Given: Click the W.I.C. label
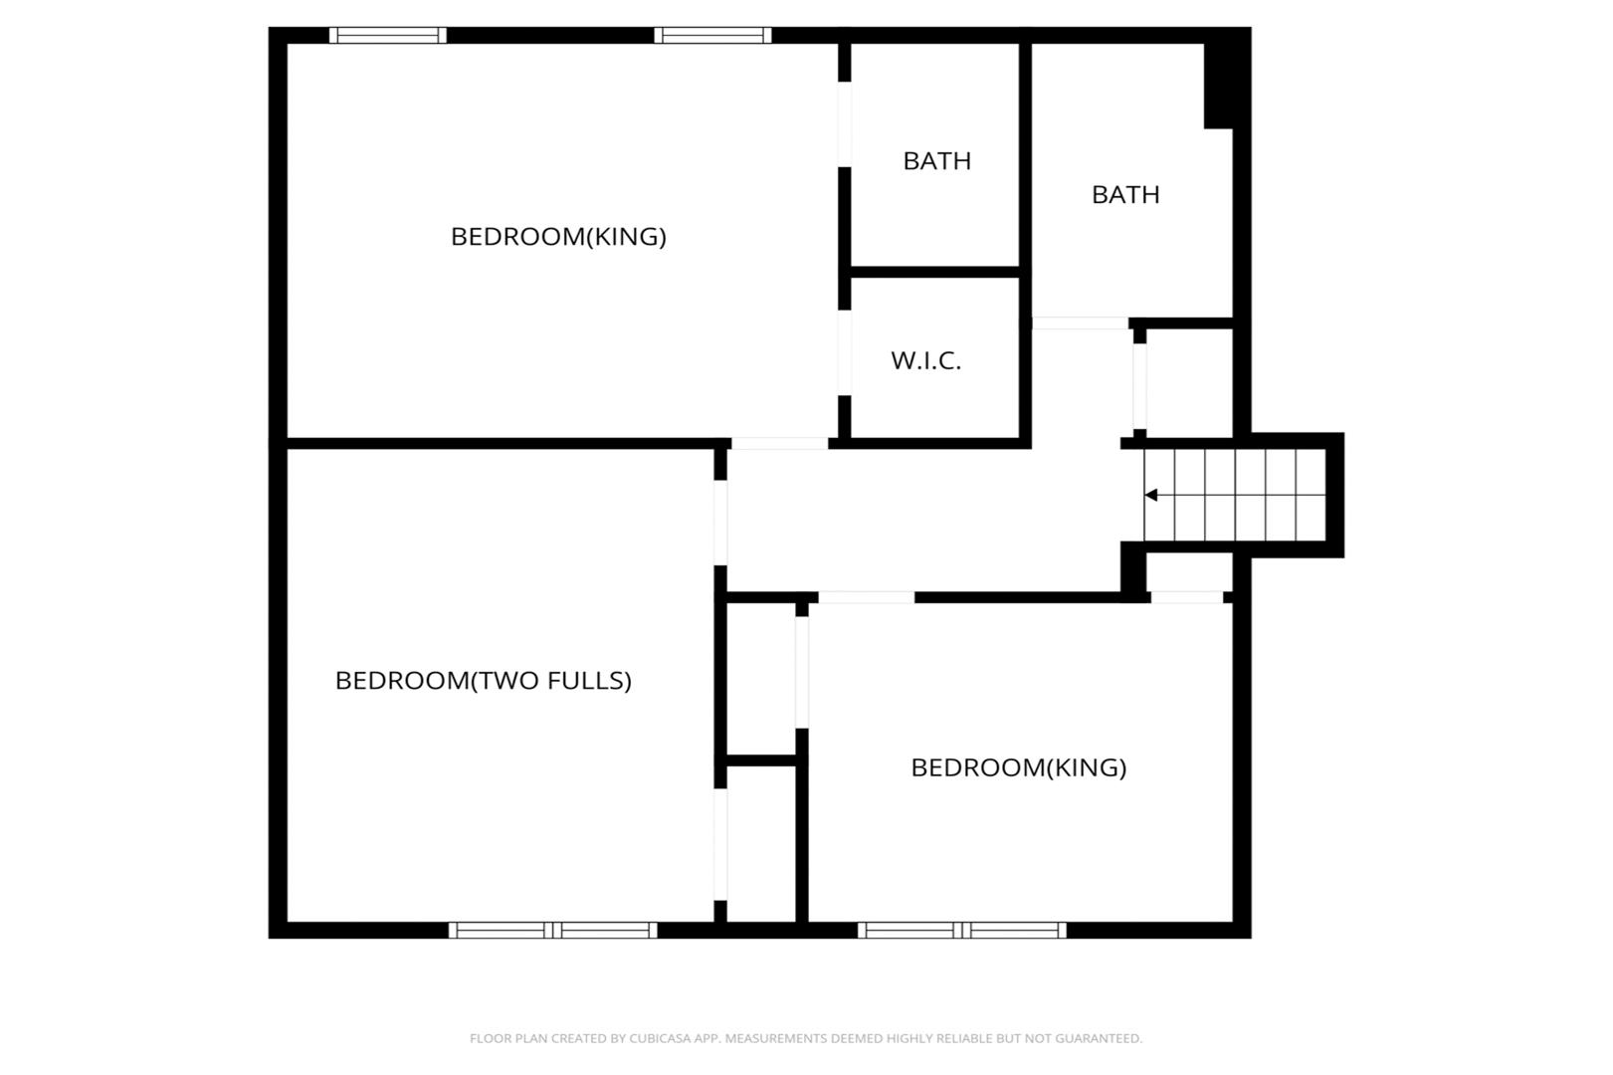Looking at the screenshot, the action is click(925, 360).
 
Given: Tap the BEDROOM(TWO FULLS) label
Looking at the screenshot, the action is click(484, 680).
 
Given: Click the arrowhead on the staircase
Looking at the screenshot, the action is click(1150, 495).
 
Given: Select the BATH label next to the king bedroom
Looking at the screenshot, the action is click(936, 160).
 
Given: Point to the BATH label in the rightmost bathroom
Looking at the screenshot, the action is click(1125, 194).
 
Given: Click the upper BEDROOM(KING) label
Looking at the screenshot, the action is click(559, 236).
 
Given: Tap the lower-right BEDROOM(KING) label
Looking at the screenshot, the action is click(1019, 767).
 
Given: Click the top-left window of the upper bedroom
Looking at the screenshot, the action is click(388, 35).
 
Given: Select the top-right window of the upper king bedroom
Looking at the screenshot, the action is click(712, 35).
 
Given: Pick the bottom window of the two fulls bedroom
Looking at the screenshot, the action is click(553, 931).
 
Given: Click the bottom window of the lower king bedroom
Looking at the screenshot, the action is click(962, 931).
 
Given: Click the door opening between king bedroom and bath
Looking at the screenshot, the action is click(845, 124).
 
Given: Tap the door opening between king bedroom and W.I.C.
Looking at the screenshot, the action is click(845, 352).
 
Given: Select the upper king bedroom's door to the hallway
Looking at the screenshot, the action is click(780, 443).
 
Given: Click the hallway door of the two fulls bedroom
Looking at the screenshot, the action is click(720, 524).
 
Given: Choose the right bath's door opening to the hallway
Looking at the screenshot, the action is click(1080, 322).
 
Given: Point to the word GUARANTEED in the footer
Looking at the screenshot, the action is click(1104, 1038).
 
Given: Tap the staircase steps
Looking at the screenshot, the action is click(1235, 495).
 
